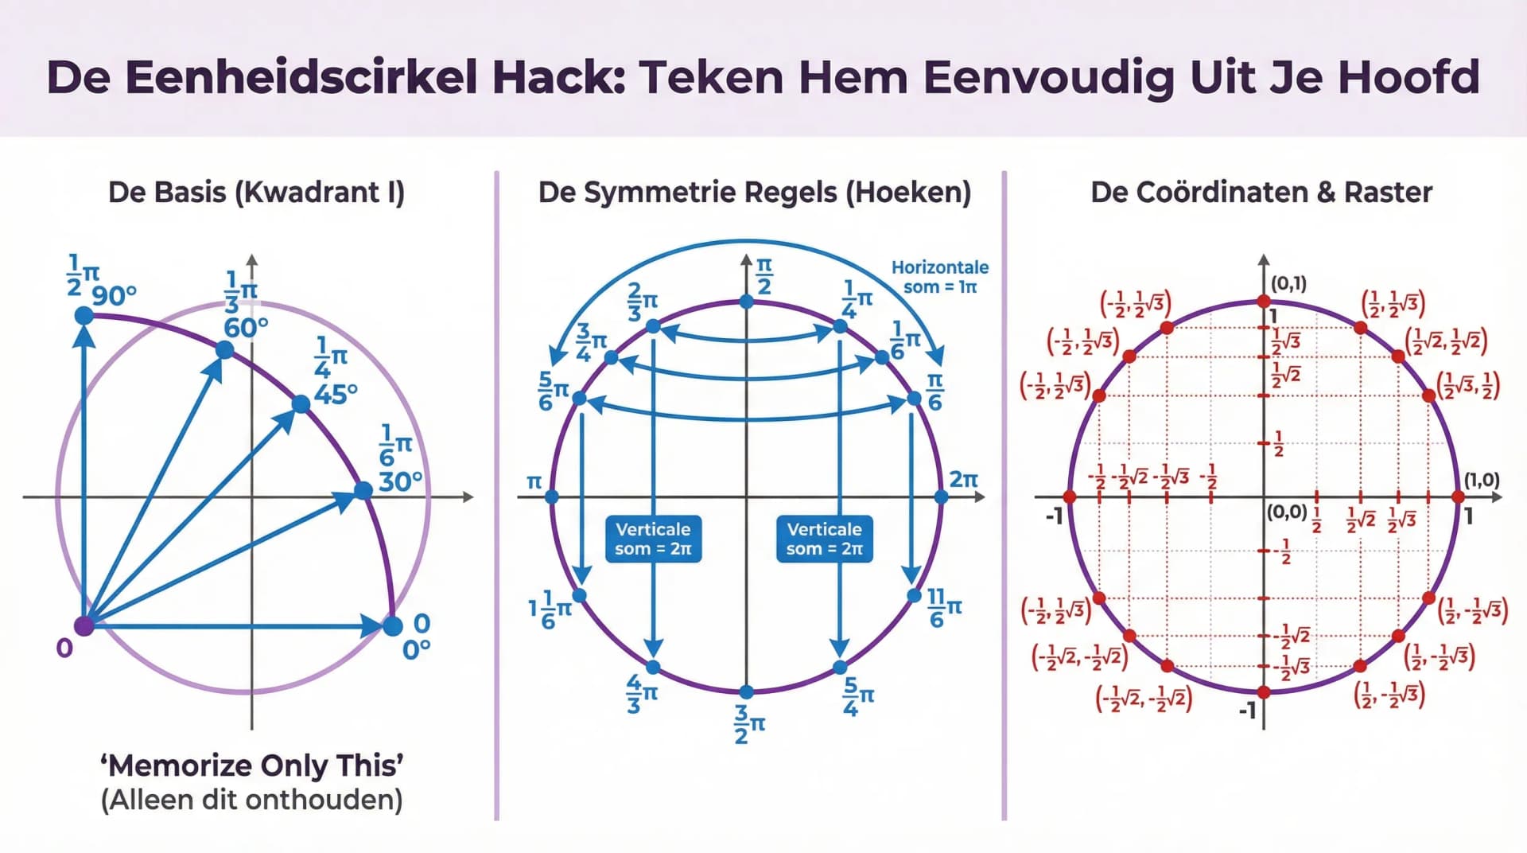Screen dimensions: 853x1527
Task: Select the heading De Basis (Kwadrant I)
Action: (x=256, y=193)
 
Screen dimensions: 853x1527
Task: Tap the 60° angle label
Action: (x=246, y=327)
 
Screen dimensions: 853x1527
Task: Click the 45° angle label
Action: (x=336, y=393)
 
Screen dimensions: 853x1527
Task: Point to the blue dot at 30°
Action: (x=363, y=491)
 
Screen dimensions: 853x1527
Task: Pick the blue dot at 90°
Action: (x=84, y=316)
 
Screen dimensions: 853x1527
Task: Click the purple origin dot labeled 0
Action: (x=84, y=625)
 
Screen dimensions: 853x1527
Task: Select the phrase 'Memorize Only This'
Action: (x=251, y=765)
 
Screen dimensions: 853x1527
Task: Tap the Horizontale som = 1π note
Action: (x=939, y=277)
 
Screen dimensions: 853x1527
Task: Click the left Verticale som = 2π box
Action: (x=653, y=539)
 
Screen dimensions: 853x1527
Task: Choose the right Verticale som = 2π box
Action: (x=824, y=539)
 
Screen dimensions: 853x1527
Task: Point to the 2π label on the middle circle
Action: (x=963, y=479)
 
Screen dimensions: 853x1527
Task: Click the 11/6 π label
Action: (x=944, y=607)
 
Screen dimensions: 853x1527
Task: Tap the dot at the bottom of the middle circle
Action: (x=746, y=691)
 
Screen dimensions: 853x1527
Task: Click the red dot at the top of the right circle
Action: (x=1263, y=301)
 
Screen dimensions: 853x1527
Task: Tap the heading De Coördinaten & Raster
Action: (x=1261, y=193)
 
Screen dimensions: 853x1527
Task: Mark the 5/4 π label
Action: (x=857, y=696)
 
